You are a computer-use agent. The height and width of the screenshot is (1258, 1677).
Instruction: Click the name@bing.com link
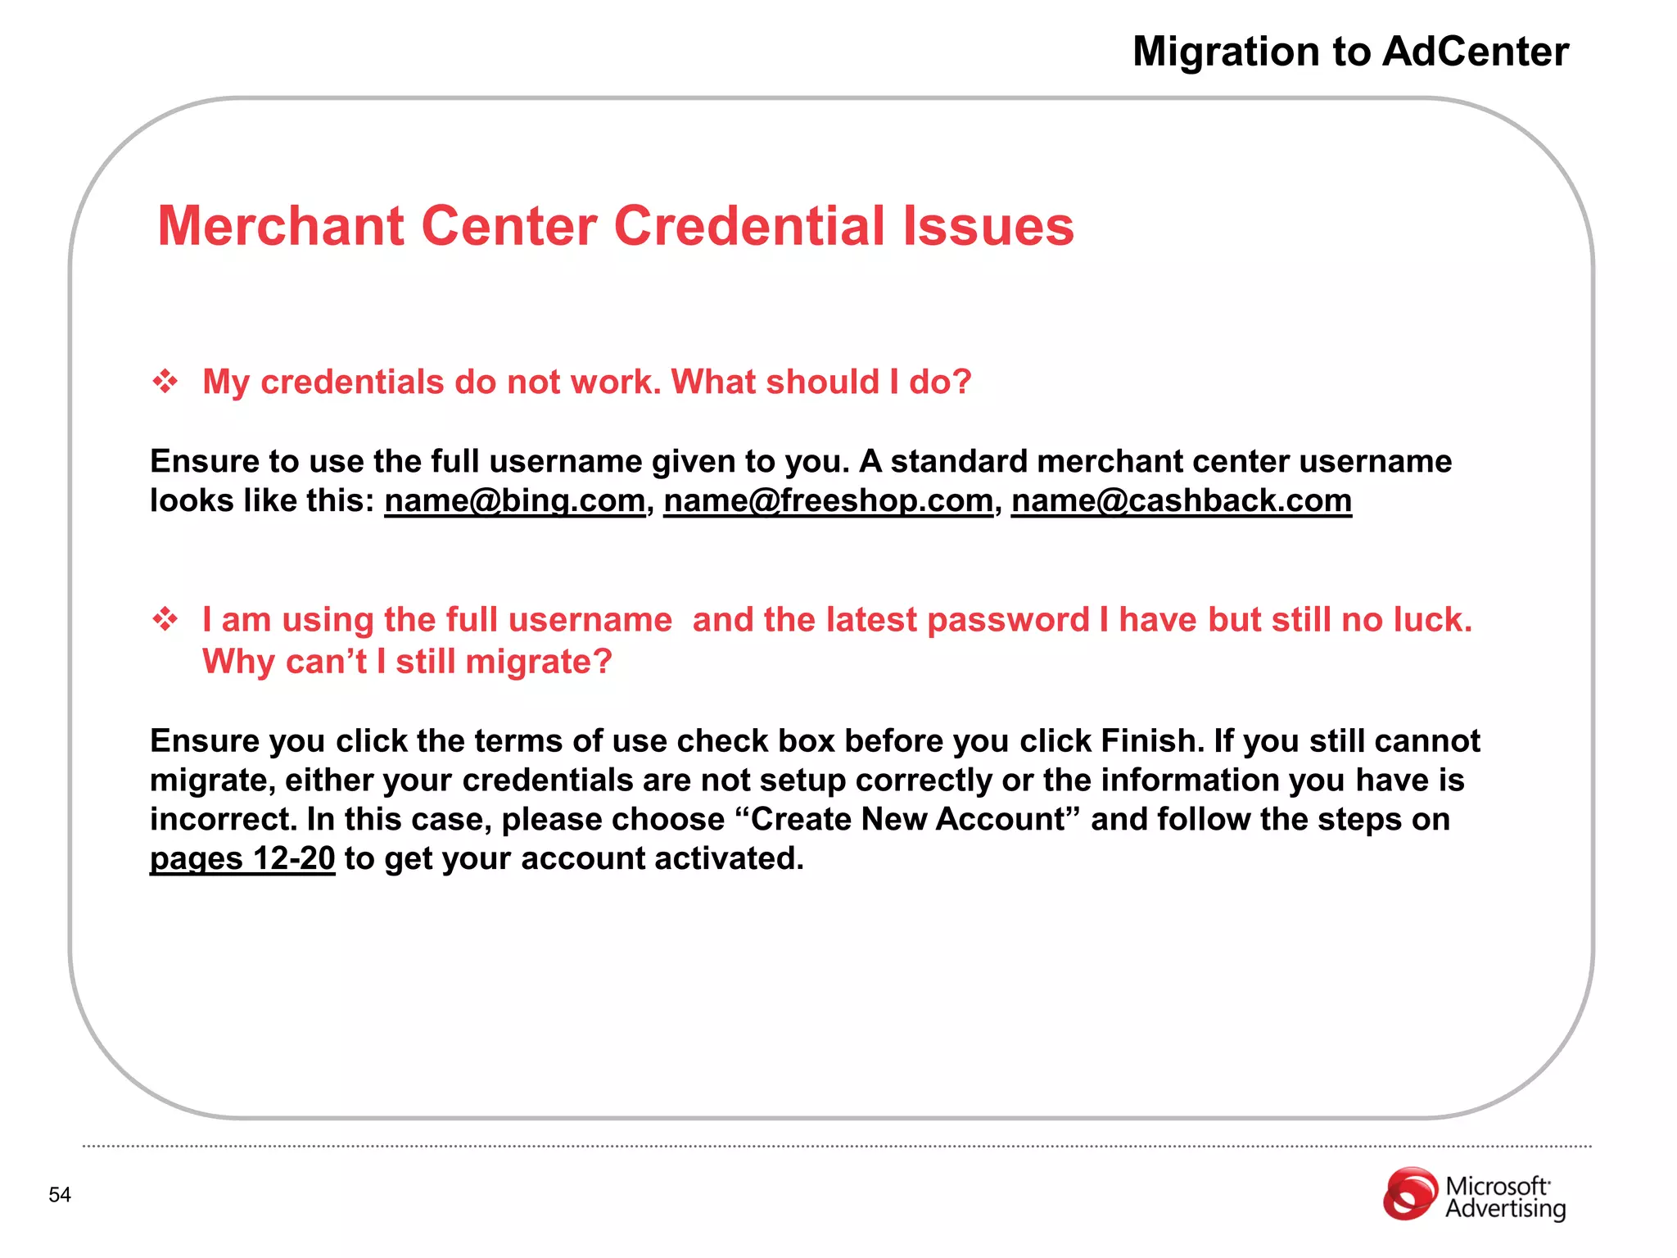coord(514,501)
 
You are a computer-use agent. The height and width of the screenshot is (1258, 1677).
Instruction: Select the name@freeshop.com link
coord(828,501)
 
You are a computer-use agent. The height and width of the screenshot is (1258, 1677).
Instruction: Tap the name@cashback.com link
coord(1181,501)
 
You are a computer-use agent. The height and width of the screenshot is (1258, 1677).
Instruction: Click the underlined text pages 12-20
coord(242,859)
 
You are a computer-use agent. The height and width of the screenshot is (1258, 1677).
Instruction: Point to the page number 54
coord(60,1195)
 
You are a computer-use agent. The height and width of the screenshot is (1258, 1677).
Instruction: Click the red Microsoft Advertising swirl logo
coord(1409,1194)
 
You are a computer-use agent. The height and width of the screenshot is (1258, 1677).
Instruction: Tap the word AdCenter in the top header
coord(1475,52)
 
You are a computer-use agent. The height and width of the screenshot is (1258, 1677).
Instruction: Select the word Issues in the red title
coord(988,227)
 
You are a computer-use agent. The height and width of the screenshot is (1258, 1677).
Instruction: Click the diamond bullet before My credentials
coord(165,382)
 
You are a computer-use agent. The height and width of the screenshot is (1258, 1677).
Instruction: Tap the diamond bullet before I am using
coord(165,620)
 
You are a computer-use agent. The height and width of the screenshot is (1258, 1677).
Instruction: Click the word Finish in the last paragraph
coord(1150,741)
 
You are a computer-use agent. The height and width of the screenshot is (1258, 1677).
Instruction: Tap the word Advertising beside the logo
coord(1505,1209)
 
